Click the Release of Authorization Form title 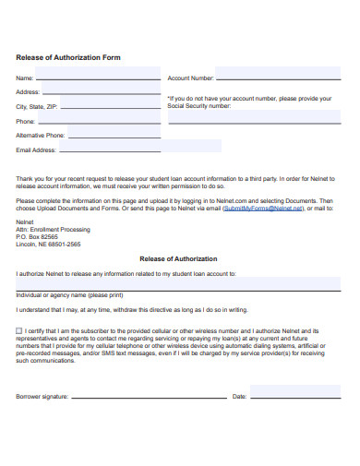tap(68, 57)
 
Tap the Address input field tap(101, 92)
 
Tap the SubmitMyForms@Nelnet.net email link tap(262, 209)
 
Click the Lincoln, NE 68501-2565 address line tap(48, 244)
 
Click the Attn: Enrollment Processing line tap(53, 229)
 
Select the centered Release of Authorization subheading tap(178, 259)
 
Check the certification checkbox tap(19, 329)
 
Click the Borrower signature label tap(42, 397)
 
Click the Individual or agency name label tap(69, 295)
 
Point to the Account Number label tap(191, 78)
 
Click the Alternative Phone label tap(41, 135)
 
